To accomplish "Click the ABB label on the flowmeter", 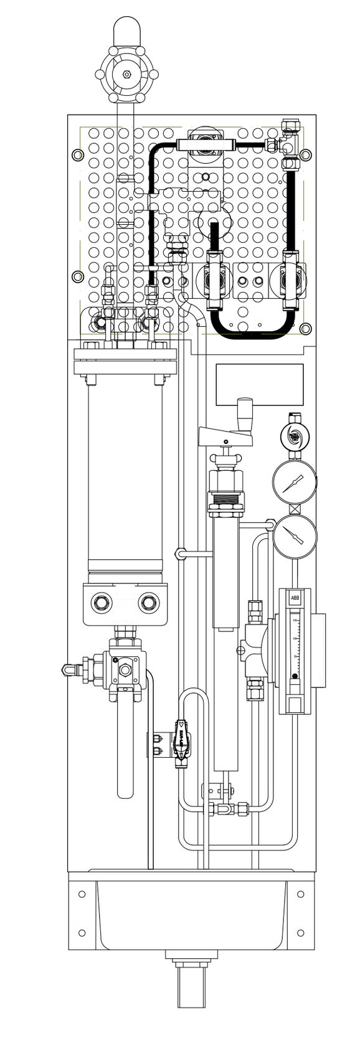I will pos(295,598).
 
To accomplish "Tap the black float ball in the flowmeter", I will pos(295,675).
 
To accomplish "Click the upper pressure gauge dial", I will pos(294,484).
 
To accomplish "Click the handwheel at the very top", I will pos(126,74).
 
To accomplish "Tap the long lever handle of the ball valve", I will pos(125,747).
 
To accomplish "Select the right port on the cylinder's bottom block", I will pos(148,602).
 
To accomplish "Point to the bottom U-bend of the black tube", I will pos(252,335).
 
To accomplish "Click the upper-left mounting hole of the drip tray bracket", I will pos(82,895).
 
